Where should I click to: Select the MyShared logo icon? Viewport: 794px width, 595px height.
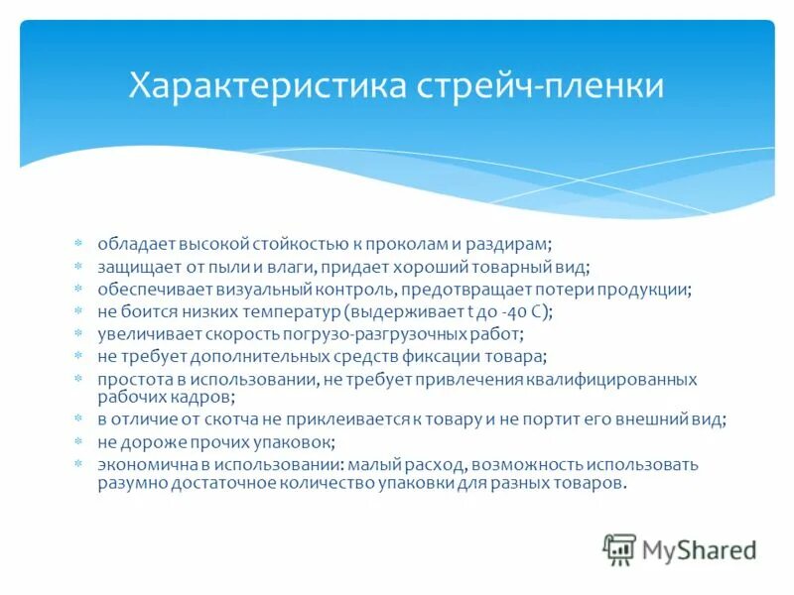click(619, 549)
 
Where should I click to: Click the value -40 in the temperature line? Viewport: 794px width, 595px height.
click(511, 311)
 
